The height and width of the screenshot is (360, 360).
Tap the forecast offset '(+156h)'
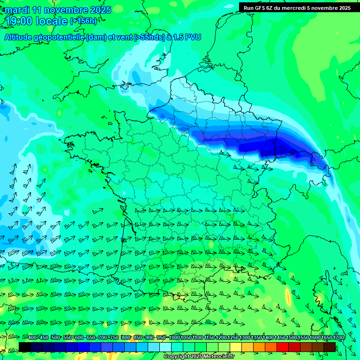click(83, 21)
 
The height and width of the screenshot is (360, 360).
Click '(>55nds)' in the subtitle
click(149, 37)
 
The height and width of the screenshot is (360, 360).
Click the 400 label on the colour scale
click(32, 338)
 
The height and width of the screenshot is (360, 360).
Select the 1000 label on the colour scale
click(174, 338)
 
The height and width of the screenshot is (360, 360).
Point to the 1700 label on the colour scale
click(338, 338)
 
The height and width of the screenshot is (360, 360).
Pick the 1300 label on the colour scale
click(245, 338)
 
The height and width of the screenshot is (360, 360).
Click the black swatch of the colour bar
click(25, 347)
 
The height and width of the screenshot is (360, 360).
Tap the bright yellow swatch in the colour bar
click(236, 347)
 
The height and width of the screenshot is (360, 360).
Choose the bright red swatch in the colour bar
click(283, 347)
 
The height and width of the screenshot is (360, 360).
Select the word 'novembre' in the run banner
click(326, 8)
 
